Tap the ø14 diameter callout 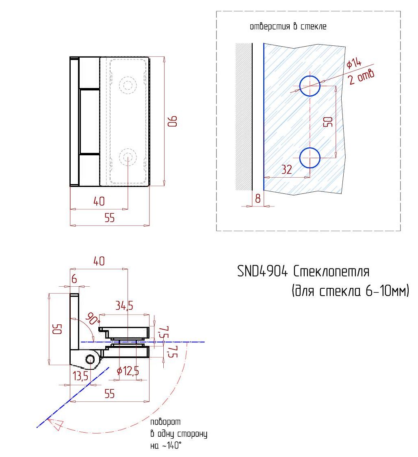tap(354, 63)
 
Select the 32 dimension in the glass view tap(286, 169)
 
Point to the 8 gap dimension tap(258, 198)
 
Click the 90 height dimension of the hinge tap(173, 121)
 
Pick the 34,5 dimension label tap(124, 305)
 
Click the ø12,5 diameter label tap(128, 371)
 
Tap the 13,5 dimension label tap(80, 376)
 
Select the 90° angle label tap(93, 319)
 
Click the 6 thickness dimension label tap(74, 279)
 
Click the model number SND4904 tap(262, 271)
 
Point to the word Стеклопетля tap(331, 271)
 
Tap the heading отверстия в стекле tap(288, 26)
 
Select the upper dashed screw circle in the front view tap(128, 86)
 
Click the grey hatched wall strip tap(243, 117)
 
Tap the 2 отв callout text tap(361, 77)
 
